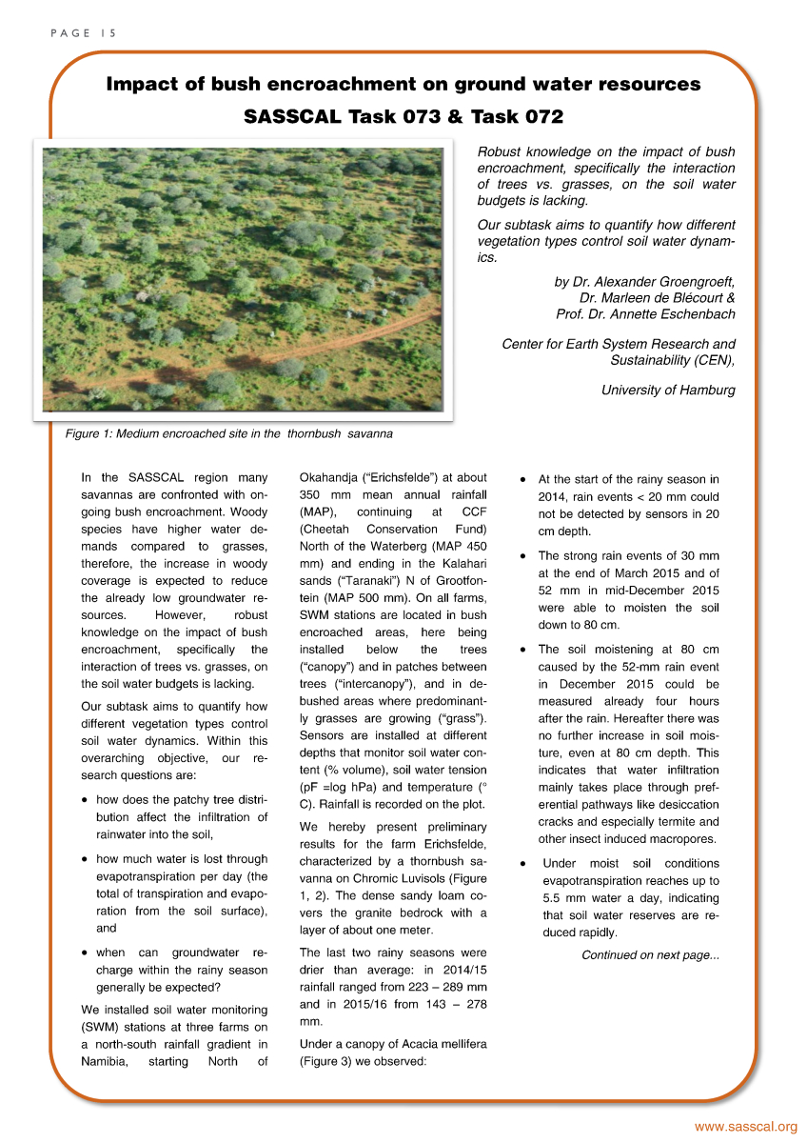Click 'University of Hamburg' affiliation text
click(668, 390)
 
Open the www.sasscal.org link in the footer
click(745, 1128)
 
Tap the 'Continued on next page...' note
click(651, 955)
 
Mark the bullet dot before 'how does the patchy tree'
click(87, 801)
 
